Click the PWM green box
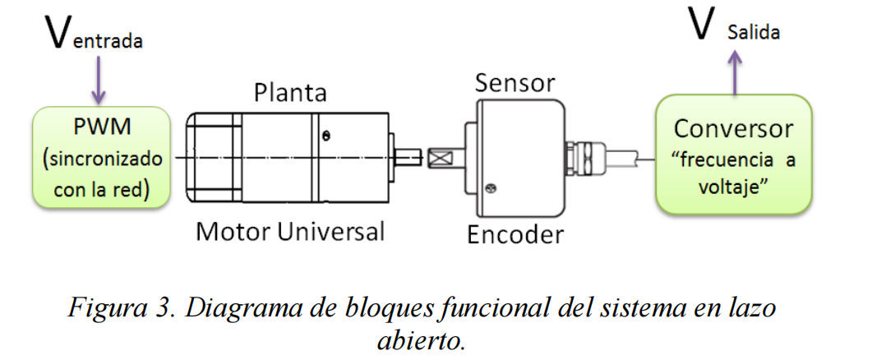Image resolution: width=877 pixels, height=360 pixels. point(101,158)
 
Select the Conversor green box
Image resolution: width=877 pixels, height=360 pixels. point(733,154)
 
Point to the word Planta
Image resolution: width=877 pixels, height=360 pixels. point(290,91)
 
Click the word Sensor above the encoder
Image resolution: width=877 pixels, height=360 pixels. point(515,83)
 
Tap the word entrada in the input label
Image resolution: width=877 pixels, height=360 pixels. point(108,41)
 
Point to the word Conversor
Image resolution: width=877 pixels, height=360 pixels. point(733,129)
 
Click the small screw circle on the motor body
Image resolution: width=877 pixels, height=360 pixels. point(327,135)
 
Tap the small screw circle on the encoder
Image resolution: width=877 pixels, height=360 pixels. point(492,188)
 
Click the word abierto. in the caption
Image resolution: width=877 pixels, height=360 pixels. point(418,339)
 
